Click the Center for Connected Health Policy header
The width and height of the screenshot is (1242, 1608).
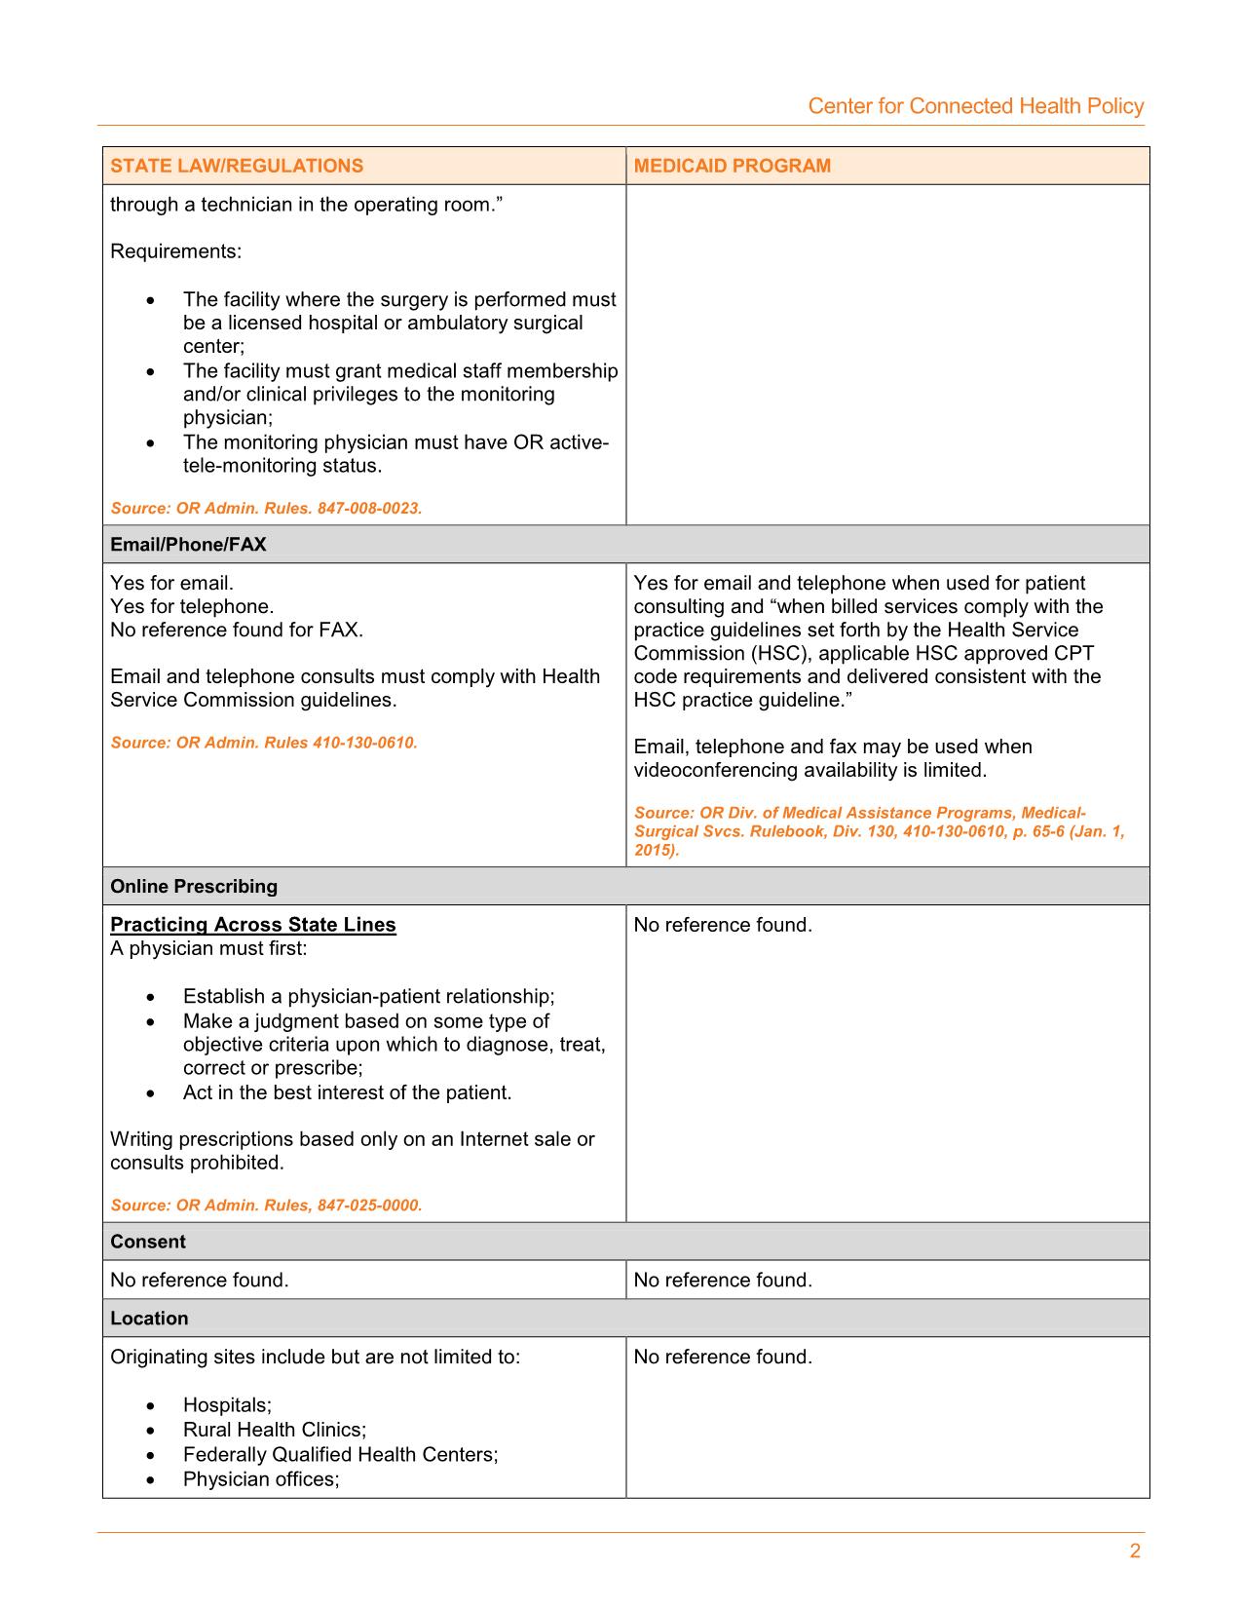click(975, 106)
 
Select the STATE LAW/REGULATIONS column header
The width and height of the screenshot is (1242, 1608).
click(237, 166)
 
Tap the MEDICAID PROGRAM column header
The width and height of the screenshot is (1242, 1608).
click(732, 166)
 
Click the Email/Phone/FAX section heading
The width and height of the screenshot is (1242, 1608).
click(188, 545)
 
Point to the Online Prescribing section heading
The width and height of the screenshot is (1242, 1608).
click(194, 887)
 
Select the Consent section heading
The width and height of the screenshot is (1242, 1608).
click(147, 1242)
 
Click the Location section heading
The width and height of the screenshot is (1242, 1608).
click(149, 1319)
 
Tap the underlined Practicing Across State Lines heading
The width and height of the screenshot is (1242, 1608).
click(253, 925)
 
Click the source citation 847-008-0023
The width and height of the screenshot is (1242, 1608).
click(266, 509)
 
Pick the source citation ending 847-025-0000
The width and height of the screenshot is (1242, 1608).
click(266, 1206)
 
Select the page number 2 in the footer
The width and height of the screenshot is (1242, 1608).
click(1135, 1552)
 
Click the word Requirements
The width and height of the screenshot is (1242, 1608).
click(175, 251)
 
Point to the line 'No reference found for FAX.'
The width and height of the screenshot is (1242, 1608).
click(237, 631)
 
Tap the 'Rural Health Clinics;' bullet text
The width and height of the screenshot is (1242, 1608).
click(275, 1430)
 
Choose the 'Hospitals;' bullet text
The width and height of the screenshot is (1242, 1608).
click(227, 1405)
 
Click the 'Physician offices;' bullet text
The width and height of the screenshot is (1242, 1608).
click(261, 1479)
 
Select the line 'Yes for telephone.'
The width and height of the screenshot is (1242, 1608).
click(192, 607)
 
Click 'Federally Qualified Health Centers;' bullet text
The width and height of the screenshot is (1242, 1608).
click(340, 1455)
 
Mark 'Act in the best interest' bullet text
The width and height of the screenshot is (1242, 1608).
click(347, 1092)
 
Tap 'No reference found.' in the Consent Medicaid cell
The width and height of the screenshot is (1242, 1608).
click(723, 1281)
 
